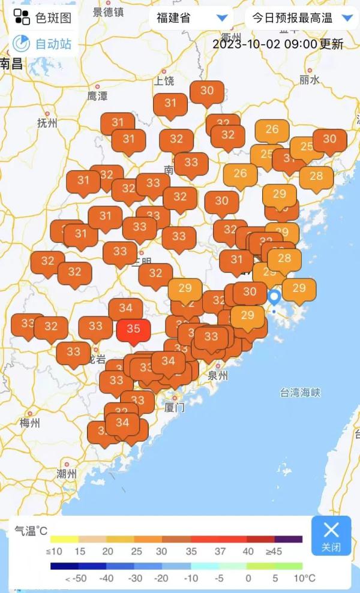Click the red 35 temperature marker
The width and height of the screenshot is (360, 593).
[133, 330]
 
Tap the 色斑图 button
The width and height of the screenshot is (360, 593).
[43, 17]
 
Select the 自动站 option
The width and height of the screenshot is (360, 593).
[43, 44]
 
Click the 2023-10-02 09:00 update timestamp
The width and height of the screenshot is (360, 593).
[278, 44]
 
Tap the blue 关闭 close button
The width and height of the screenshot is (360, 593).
[331, 535]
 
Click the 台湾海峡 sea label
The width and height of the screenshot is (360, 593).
[300, 393]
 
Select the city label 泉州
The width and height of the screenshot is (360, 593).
[218, 376]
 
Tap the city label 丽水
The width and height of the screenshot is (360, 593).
[310, 79]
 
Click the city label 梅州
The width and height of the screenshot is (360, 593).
[30, 423]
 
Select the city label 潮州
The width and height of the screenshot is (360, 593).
[67, 474]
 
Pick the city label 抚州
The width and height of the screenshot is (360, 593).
[47, 124]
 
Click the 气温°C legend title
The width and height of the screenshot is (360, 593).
[31, 531]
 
